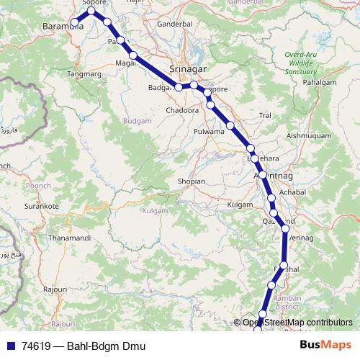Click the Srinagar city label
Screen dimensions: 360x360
(188, 68)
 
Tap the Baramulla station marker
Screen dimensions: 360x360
(74, 24)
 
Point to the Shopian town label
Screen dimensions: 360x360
(191, 181)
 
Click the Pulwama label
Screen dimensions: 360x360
(210, 132)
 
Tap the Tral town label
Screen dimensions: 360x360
(265, 114)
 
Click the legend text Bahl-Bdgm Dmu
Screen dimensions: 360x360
(106, 346)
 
